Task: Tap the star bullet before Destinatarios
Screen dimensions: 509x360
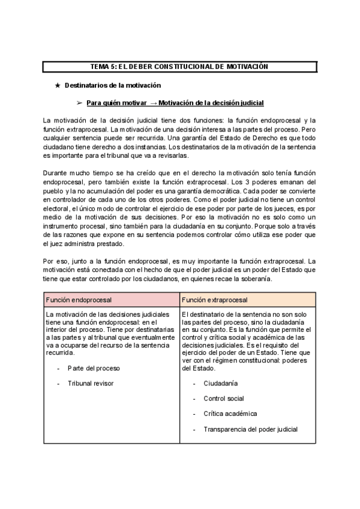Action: [x=58, y=86]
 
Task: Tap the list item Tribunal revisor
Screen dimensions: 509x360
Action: [x=90, y=383]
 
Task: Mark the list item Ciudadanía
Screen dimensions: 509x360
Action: [x=220, y=383]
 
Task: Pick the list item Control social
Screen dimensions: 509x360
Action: [x=223, y=399]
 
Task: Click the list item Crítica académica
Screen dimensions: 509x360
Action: [x=230, y=414]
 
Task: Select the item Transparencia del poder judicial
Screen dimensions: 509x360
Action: [x=250, y=430]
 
